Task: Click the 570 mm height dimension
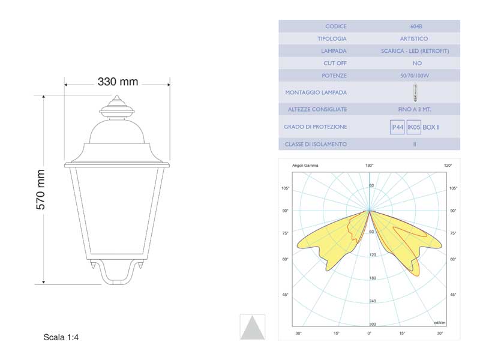(x=41, y=189)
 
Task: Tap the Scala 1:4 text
(x=61, y=337)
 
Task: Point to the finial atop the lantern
(x=117, y=108)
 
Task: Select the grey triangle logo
(x=252, y=328)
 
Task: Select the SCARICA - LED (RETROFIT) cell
(x=415, y=51)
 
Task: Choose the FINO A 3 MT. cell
(x=415, y=109)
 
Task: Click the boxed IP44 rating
(x=397, y=127)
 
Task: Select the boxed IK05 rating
(x=413, y=127)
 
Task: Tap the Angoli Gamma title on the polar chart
(x=305, y=165)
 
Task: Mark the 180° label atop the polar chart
(x=370, y=165)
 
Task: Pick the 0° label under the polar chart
(x=370, y=333)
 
